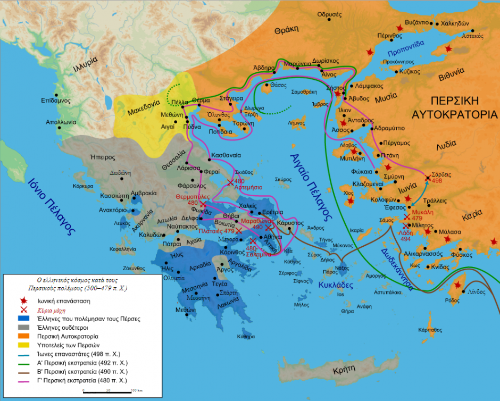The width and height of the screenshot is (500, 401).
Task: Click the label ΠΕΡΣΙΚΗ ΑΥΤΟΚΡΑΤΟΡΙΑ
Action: point(455,107)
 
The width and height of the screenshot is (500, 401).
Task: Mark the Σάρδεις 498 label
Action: point(431,177)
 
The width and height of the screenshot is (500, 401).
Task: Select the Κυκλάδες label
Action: point(334,285)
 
